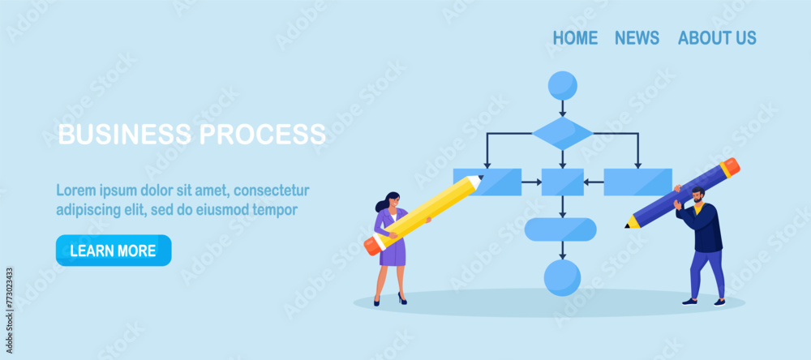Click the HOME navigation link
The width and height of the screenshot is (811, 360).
tap(575, 38)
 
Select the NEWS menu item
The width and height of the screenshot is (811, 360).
tap(637, 38)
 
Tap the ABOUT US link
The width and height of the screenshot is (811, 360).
tap(717, 38)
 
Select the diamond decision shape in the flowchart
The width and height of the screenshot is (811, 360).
tap(562, 133)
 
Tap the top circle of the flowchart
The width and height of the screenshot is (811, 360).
tap(562, 85)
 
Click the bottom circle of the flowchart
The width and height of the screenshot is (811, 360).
tap(562, 277)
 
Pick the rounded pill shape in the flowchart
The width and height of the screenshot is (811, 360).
tap(560, 229)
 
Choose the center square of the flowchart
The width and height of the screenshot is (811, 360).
tap(562, 182)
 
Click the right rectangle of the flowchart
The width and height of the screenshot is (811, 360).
tap(637, 182)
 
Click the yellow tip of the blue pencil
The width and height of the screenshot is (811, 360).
tap(632, 222)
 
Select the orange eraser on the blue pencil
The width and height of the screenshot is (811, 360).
tap(730, 167)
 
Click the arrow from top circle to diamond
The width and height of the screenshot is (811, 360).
tap(562, 109)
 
